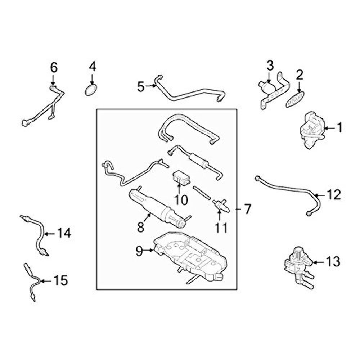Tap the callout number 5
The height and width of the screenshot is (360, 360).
point(141,87)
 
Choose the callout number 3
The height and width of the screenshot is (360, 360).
point(270,66)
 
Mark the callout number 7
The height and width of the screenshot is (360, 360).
point(246,209)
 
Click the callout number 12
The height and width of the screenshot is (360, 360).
point(334,195)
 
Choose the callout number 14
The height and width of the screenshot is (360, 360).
point(64,234)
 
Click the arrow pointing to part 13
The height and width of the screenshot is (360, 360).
point(318,262)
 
